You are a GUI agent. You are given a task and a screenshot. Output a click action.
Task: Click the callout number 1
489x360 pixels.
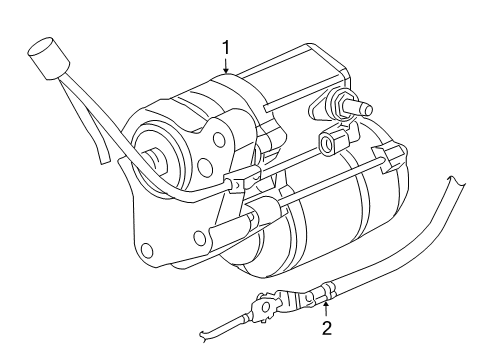click(x=227, y=46)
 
